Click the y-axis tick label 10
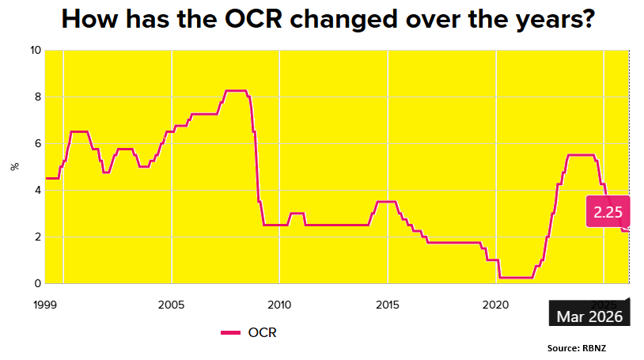click(x=35, y=51)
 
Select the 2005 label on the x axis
click(x=172, y=305)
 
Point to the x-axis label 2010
click(x=279, y=305)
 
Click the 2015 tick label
click(x=388, y=305)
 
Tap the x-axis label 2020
click(x=495, y=305)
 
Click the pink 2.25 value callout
click(x=608, y=211)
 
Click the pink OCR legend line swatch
click(x=230, y=333)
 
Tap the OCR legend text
click(x=262, y=333)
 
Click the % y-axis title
click(x=15, y=167)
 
